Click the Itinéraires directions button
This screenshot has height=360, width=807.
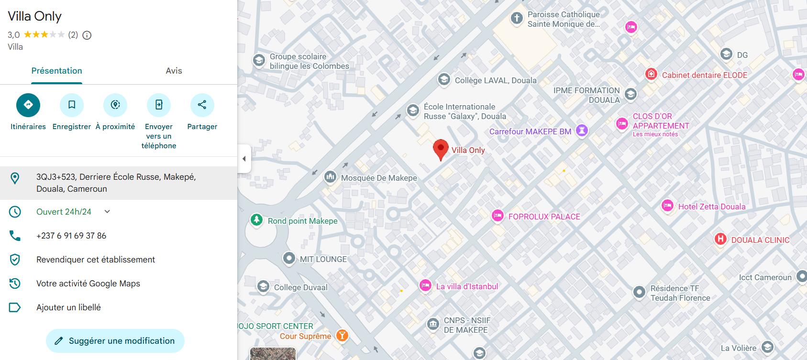point(28,105)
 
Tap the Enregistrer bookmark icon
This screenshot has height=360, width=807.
point(72,105)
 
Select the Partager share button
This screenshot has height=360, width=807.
point(202,105)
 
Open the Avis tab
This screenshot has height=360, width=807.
point(174,71)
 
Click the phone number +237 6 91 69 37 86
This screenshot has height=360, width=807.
point(71,236)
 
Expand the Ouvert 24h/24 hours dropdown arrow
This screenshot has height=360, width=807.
point(107,211)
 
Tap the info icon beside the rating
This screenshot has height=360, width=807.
point(87,35)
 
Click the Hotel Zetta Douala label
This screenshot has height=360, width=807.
point(711,207)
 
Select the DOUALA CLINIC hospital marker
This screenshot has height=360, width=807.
point(720,239)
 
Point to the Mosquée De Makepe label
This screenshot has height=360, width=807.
point(379,178)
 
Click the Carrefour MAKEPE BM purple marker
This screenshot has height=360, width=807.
point(582,130)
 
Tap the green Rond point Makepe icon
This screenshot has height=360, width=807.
point(257,219)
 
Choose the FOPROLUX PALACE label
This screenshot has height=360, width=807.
point(544,217)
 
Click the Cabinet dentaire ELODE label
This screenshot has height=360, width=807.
point(704,75)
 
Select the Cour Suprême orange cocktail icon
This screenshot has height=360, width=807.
point(342,335)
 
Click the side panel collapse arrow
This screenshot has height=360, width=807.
point(244,158)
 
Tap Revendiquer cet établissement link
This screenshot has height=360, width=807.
point(96,260)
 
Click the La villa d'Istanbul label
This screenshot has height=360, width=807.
point(467,286)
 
